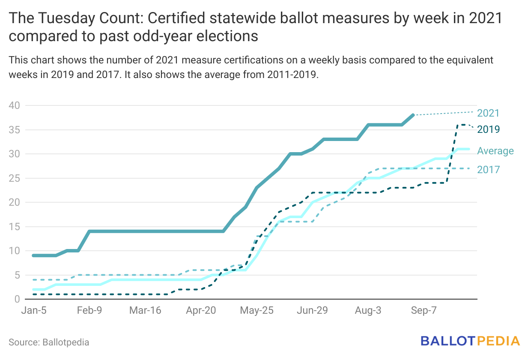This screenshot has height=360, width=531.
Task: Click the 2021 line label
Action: (x=488, y=114)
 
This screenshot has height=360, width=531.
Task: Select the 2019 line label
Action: (x=488, y=129)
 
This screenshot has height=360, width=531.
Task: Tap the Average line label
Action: (x=495, y=151)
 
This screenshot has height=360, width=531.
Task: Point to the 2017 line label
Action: (x=488, y=170)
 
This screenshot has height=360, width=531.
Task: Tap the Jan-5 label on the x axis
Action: (x=34, y=311)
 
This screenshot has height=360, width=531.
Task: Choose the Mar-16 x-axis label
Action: (x=145, y=311)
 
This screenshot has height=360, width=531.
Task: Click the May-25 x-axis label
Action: (x=256, y=311)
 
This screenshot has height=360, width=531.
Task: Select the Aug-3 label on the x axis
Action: (x=368, y=311)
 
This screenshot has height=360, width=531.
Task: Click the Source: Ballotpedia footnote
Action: (x=49, y=342)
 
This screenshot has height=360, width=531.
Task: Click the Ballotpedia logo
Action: (x=470, y=341)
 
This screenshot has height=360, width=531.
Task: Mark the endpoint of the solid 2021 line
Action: (x=413, y=115)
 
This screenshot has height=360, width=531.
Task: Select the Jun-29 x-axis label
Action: (x=312, y=311)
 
